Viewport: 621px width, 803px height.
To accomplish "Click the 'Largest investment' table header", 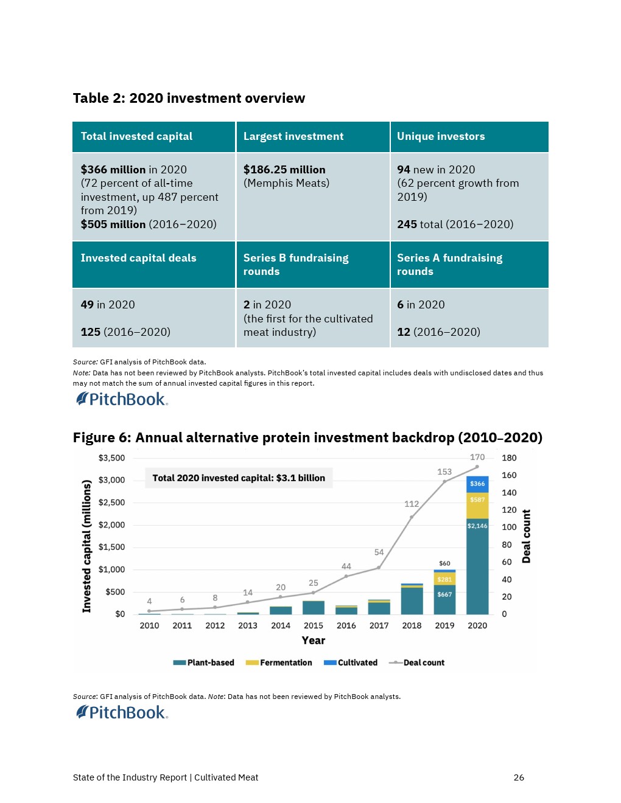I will point(293,136).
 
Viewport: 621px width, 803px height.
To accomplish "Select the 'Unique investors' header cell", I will point(441,136).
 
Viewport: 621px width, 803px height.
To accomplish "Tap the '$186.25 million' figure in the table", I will point(284,170).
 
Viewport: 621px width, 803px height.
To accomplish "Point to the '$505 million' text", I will point(113,224).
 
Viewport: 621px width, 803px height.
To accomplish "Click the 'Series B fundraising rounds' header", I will point(296,265).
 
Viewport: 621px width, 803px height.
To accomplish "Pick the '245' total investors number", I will point(407,224).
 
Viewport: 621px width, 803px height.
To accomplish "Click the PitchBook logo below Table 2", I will point(122,399).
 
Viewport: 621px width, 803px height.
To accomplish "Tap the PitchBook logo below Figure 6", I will point(122,712).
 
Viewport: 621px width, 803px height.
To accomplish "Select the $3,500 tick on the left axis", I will point(111,458).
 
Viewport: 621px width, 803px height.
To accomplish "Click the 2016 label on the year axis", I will point(346,625).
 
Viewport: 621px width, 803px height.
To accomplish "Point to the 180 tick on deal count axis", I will point(509,458).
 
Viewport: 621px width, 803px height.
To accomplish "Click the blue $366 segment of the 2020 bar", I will point(477,484).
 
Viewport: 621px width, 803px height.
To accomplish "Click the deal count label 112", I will point(412,504).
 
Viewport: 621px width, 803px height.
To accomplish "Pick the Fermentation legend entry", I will point(279,662).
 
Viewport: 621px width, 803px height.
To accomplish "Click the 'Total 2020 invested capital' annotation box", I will point(239,478).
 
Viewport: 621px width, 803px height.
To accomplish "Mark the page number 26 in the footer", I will point(519,777).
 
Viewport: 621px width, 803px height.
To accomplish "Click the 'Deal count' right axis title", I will point(527,536).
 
